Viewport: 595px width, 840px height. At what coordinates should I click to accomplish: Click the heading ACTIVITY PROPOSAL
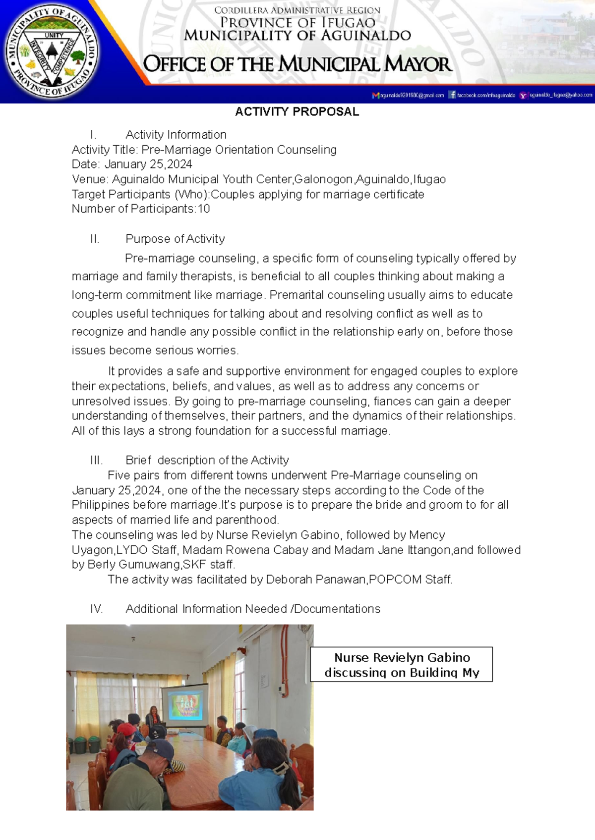point(297,112)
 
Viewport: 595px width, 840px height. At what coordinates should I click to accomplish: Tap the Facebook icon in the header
point(452,95)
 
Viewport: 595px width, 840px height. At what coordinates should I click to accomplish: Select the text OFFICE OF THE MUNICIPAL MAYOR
point(297,65)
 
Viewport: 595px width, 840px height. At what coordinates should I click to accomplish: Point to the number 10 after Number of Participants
point(204,209)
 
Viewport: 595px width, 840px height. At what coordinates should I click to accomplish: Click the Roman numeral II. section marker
point(95,239)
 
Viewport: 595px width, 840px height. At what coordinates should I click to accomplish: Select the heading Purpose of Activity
point(175,239)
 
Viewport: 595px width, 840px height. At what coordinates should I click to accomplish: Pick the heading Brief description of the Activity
point(207,460)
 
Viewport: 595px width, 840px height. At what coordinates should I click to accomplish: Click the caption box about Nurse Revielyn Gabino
point(401,664)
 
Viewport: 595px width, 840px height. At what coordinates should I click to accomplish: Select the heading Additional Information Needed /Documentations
point(252,609)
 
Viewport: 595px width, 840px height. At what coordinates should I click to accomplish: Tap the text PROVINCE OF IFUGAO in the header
point(297,23)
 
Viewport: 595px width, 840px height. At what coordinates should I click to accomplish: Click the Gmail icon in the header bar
point(375,95)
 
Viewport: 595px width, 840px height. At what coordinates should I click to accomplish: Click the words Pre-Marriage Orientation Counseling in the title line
point(239,150)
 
